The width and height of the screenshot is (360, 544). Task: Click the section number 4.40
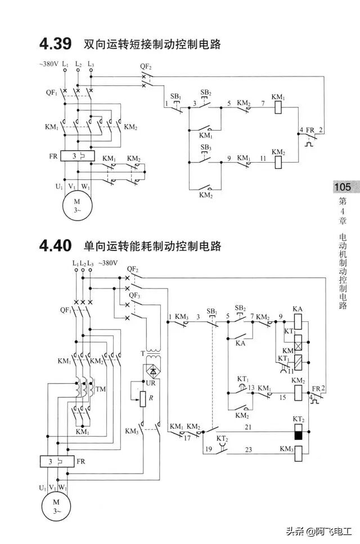pyautogui.click(x=55, y=246)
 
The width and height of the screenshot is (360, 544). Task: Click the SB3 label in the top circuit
pyautogui.click(x=206, y=147)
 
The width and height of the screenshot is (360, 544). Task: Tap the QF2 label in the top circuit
pyautogui.click(x=146, y=66)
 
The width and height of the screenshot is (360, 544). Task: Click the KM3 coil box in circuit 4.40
pyautogui.click(x=298, y=450)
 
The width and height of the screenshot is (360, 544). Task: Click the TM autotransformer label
pyautogui.click(x=101, y=389)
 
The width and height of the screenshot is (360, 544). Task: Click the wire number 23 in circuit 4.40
pyautogui.click(x=248, y=449)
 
